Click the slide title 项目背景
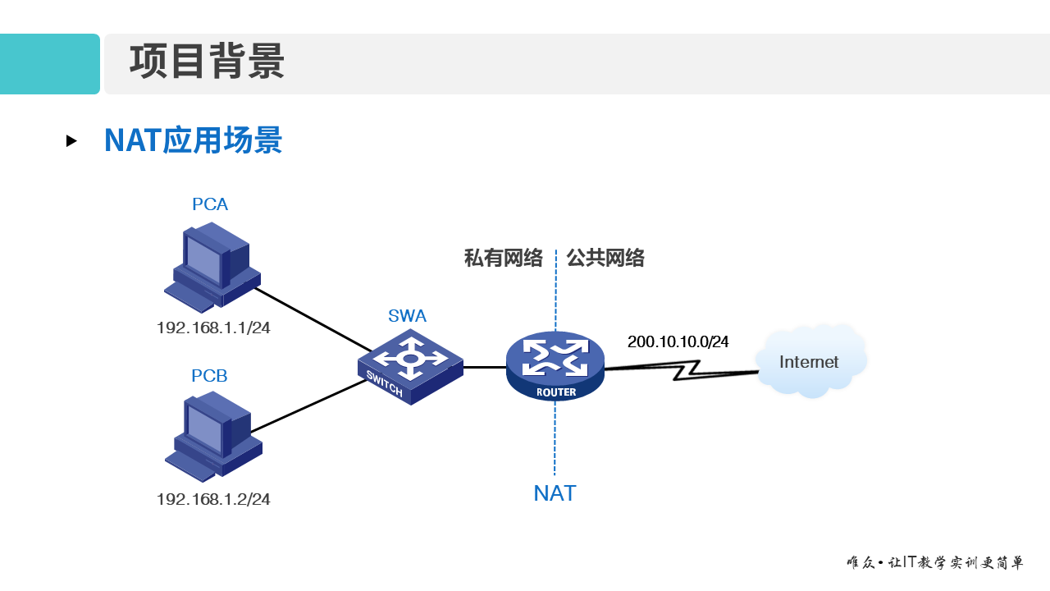pos(207,63)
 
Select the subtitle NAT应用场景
pos(193,140)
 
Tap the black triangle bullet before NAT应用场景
pos(71,141)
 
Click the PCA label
pos(210,204)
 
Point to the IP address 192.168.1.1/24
pos(213,328)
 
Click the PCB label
pos(209,376)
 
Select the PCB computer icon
pos(212,435)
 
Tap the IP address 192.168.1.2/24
pos(213,499)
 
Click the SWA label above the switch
pos(407,316)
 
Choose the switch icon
pos(410,366)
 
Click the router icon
pos(555,366)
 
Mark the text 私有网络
pos(504,259)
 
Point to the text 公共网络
pos(605,259)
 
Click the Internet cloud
pos(810,362)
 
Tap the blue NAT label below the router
pos(555,493)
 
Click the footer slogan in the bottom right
pos(934,563)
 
